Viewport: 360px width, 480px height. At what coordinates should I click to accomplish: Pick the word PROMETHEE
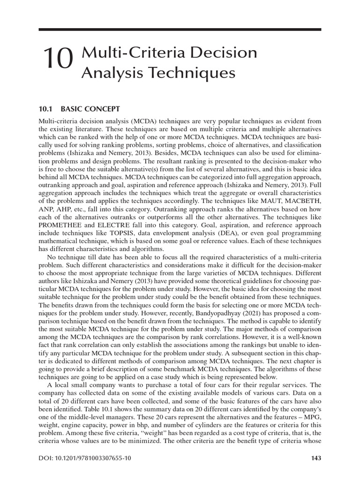click(x=61, y=224)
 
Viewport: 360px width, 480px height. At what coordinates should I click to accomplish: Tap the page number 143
click(x=315, y=457)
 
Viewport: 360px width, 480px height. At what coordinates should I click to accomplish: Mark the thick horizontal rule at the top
click(x=180, y=30)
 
